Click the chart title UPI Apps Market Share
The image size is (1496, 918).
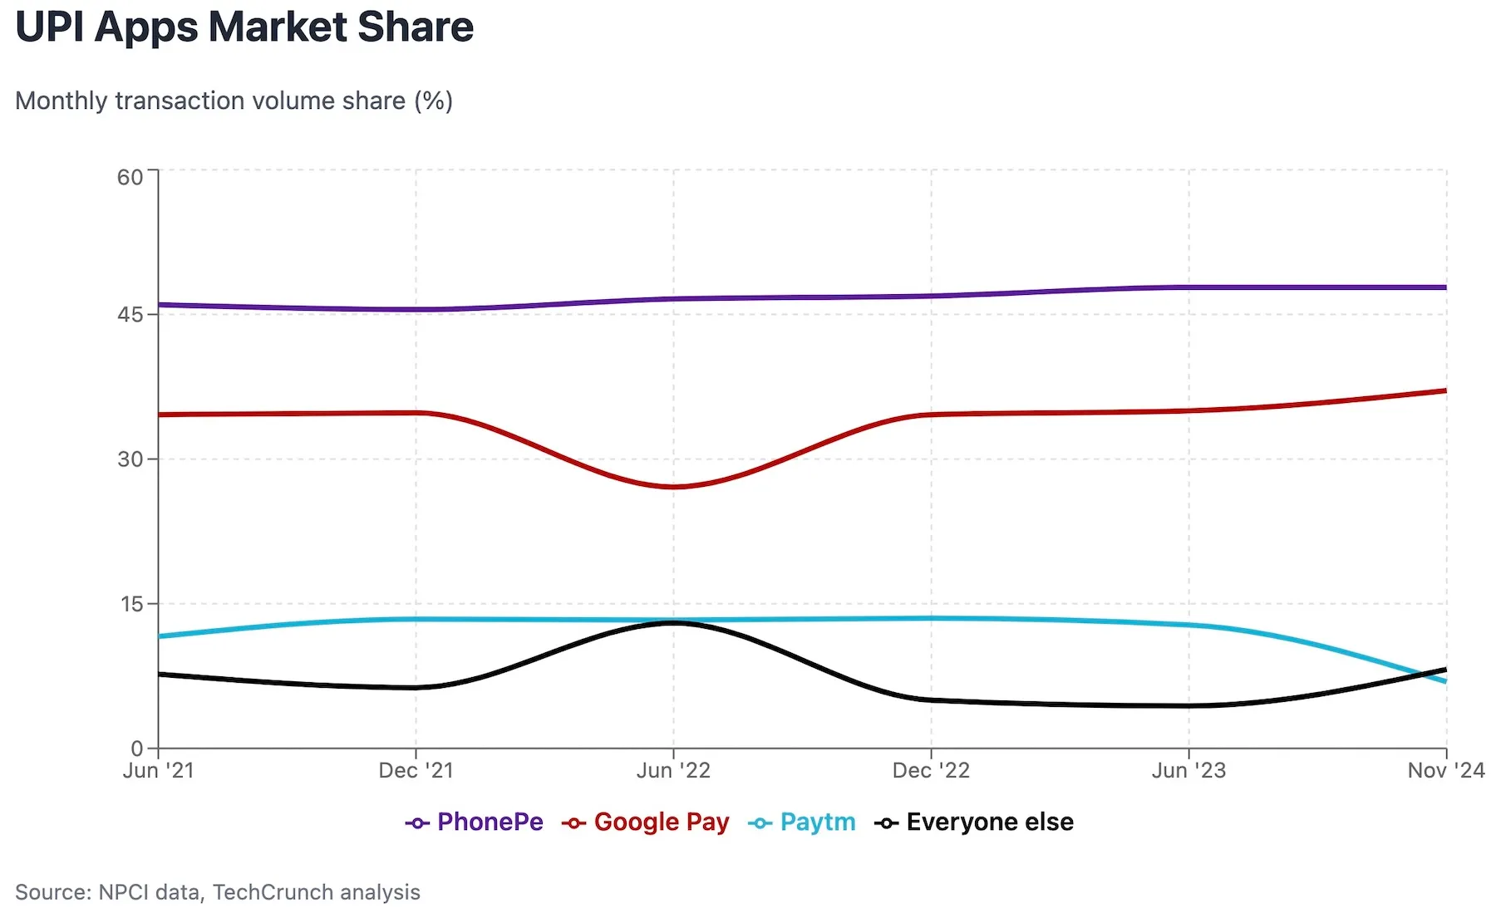(x=244, y=27)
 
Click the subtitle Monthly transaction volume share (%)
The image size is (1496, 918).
(x=234, y=101)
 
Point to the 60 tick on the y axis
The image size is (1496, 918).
(x=130, y=177)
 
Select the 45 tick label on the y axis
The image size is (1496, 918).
(x=130, y=315)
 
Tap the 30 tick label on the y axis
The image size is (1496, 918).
(x=130, y=459)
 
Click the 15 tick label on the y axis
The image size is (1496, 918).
(x=132, y=604)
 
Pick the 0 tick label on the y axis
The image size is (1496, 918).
(x=137, y=749)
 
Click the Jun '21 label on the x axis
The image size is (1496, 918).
(x=158, y=771)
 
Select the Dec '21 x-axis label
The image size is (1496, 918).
(x=416, y=771)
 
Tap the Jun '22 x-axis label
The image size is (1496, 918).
(x=673, y=771)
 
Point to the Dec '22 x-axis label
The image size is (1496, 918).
(x=931, y=771)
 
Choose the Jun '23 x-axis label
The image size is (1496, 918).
(x=1188, y=771)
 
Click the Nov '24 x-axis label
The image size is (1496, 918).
(x=1445, y=771)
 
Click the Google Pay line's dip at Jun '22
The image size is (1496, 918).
(x=674, y=487)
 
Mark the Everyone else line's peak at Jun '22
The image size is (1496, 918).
(x=674, y=622)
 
